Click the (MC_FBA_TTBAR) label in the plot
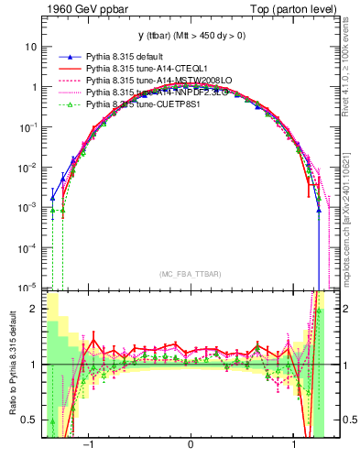point(190,275)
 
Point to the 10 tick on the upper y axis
point(32,47)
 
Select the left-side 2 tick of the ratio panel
point(35,310)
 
